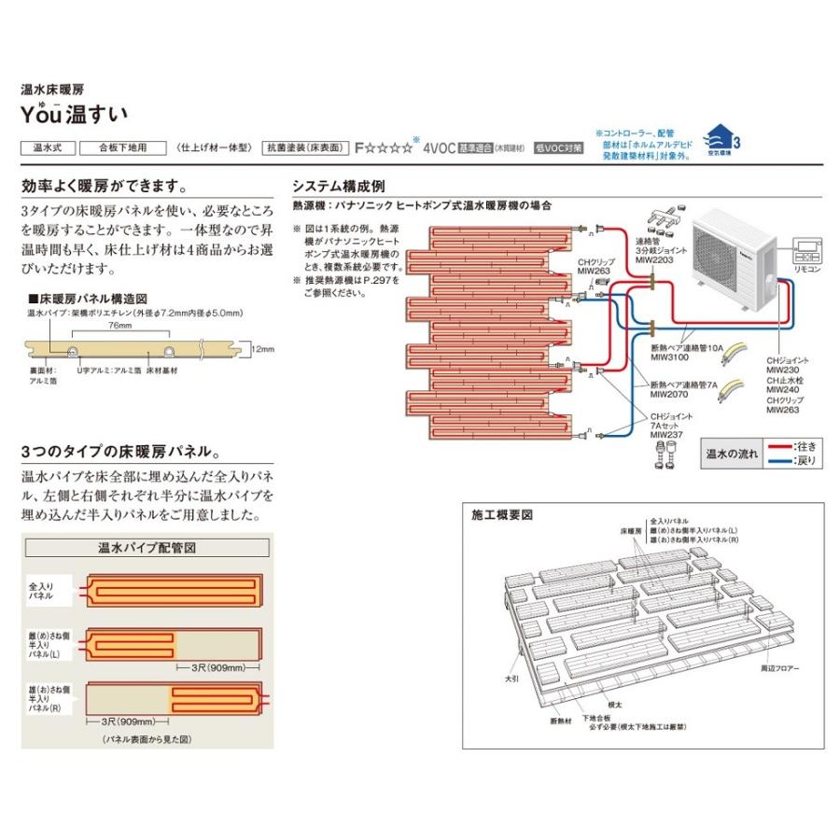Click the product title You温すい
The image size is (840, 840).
point(74,114)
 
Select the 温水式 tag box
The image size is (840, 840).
point(46,147)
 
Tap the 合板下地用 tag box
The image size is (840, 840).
point(122,147)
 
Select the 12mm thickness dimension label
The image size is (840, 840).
point(262,349)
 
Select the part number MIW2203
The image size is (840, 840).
point(654,260)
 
